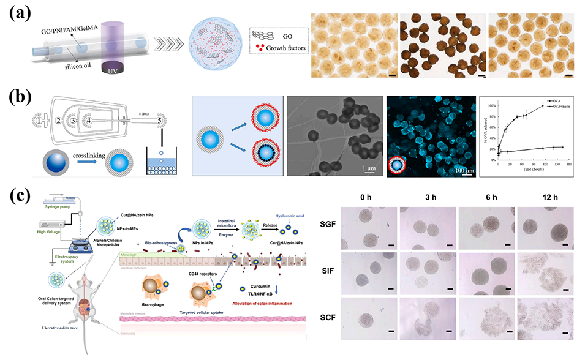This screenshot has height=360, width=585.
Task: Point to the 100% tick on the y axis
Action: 490,106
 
